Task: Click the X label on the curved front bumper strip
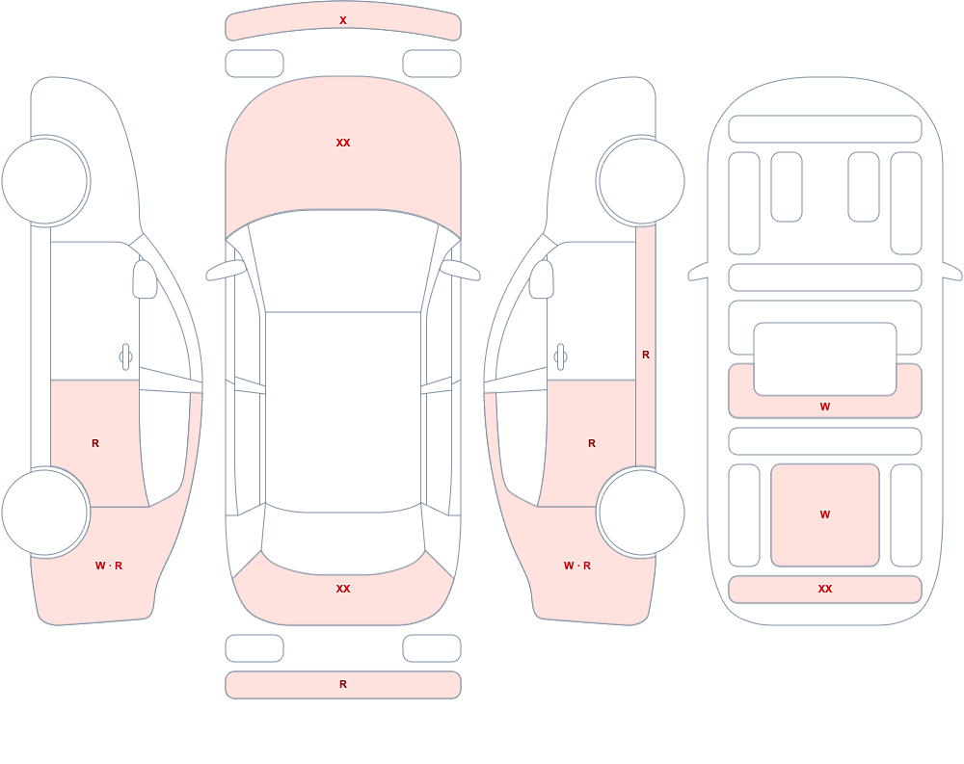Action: click(343, 20)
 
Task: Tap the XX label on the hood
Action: click(343, 143)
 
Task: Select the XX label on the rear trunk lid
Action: click(343, 589)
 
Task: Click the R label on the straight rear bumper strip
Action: click(343, 684)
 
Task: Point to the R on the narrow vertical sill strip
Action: click(646, 355)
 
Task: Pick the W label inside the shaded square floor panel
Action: click(825, 514)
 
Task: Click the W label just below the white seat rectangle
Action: click(825, 407)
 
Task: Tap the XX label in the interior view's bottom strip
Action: click(825, 589)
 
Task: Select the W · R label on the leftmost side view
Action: click(109, 566)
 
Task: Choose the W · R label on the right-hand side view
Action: click(577, 566)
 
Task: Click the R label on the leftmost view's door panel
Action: click(95, 443)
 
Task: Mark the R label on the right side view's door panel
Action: click(592, 443)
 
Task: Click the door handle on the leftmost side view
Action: click(125, 357)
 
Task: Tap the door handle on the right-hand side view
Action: click(560, 357)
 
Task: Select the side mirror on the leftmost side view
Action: click(145, 279)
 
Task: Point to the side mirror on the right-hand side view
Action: click(542, 279)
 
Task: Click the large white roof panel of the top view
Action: click(343, 410)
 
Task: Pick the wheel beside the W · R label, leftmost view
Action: click(45, 512)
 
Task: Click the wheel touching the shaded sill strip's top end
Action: click(641, 181)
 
